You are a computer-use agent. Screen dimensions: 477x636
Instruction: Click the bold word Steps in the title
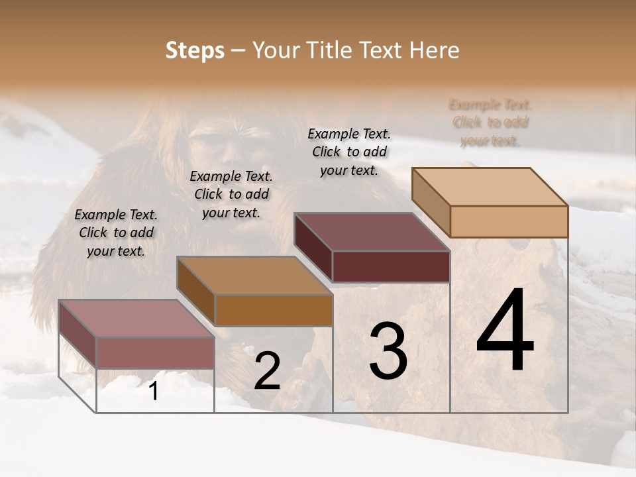195,50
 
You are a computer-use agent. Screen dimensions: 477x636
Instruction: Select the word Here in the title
435,50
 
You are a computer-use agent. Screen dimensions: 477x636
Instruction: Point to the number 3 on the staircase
388,351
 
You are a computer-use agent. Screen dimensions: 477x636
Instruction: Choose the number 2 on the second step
267,371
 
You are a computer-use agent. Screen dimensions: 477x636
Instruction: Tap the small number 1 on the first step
153,392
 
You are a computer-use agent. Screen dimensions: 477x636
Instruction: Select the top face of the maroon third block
372,232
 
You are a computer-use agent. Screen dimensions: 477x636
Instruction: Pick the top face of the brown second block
254,276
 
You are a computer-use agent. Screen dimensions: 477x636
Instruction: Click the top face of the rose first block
136,319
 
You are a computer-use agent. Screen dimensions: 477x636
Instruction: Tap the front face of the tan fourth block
509,221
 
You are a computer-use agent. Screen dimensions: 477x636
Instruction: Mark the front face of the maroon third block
391,266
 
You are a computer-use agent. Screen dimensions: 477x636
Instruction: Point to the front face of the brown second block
274,310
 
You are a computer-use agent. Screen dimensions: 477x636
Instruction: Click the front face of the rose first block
155,352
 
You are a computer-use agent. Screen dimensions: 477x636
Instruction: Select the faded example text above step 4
490,123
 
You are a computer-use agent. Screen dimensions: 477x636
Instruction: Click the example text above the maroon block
349,152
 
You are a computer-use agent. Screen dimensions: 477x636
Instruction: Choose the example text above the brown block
231,194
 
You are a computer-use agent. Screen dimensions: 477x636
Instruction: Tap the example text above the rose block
116,233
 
